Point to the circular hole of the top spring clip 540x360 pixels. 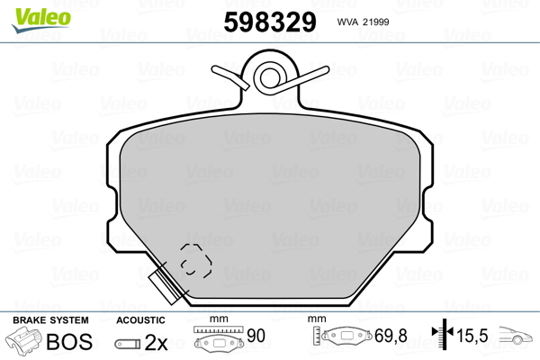click(269, 77)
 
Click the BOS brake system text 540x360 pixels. click(67, 342)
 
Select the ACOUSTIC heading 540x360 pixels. click(141, 320)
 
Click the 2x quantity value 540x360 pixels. click(157, 343)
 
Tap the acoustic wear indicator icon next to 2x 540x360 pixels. click(129, 344)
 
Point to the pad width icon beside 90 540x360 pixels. click(218, 340)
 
